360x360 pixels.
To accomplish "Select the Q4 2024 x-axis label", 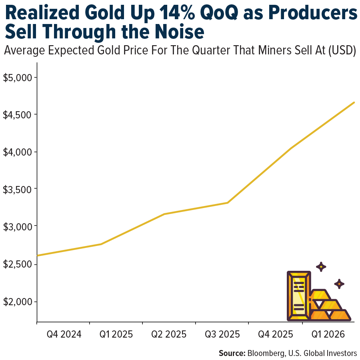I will click(x=63, y=334).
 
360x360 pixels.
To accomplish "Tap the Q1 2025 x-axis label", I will click(x=116, y=334).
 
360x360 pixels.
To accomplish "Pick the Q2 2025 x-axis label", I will click(x=168, y=334).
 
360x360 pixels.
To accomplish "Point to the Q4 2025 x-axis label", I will click(x=274, y=334).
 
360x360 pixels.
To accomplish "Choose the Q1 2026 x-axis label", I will click(x=328, y=334).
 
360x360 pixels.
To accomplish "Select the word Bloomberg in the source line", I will click(x=267, y=353).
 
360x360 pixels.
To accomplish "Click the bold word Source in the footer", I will click(x=232, y=353).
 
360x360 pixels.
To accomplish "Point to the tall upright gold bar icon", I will click(x=298, y=296).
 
